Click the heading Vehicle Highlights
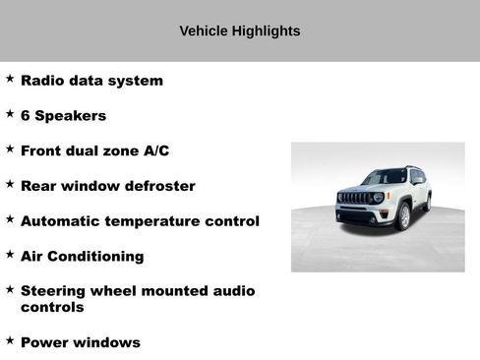point(240,31)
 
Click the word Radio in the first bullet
point(43,81)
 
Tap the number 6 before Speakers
point(26,116)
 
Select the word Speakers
point(71,116)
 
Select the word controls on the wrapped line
point(52,307)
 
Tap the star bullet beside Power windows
point(10,340)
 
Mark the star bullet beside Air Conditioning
point(10,254)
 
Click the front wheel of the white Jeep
point(402,216)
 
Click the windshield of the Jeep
point(385,177)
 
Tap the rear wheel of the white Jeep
point(427,204)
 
